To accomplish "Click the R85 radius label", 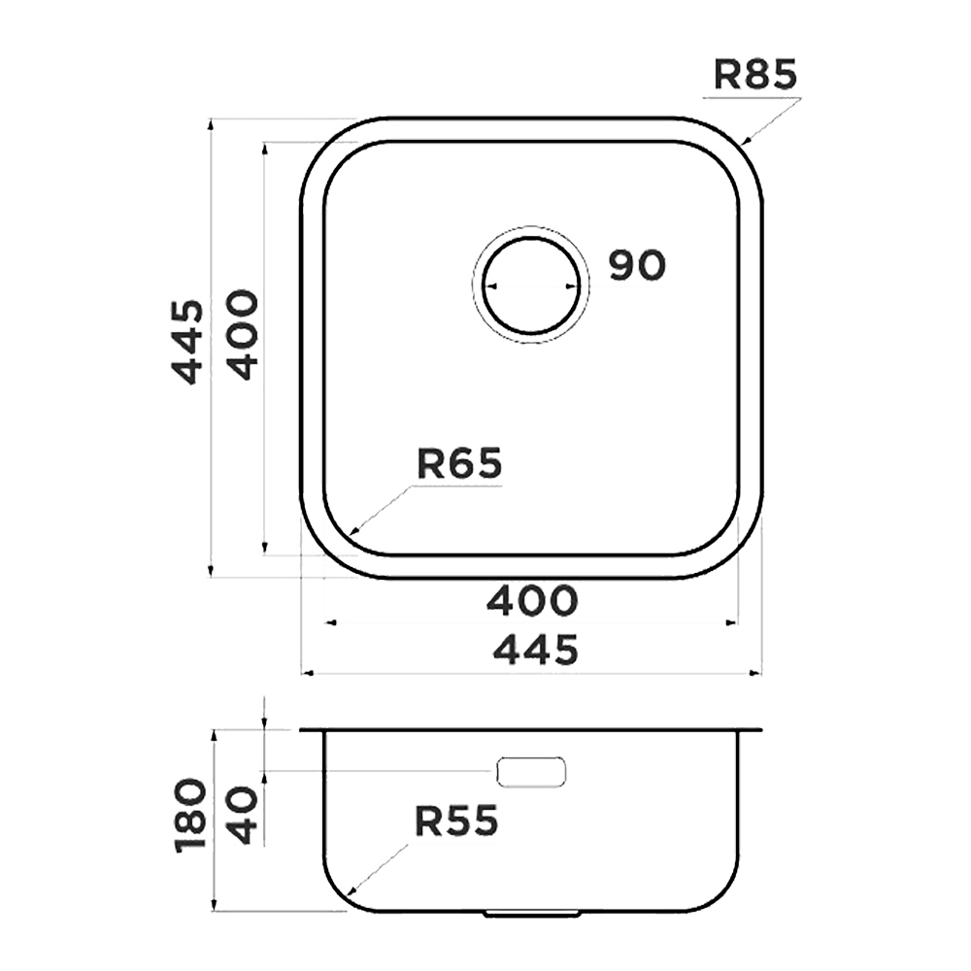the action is click(x=754, y=75).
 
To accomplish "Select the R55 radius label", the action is click(x=456, y=821).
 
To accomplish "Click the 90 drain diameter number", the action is click(x=637, y=265).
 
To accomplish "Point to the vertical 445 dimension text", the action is click(x=186, y=342).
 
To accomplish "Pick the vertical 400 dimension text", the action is click(x=241, y=335).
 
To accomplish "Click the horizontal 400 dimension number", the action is click(x=532, y=600).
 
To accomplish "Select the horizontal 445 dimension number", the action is click(x=536, y=649).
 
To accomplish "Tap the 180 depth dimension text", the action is click(x=190, y=817).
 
